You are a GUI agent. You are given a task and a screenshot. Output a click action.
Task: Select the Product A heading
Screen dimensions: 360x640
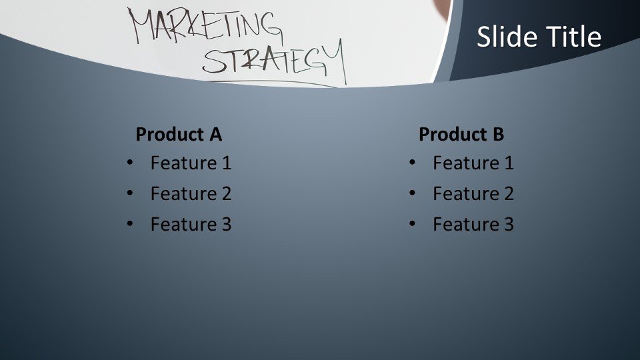[178, 135]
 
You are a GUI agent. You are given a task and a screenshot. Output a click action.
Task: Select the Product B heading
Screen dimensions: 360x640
[461, 135]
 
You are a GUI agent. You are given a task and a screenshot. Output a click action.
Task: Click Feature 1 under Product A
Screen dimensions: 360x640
[191, 163]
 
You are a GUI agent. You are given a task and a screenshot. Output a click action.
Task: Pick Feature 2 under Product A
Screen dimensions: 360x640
[191, 194]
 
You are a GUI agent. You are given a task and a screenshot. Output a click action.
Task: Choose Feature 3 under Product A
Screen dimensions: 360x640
[191, 225]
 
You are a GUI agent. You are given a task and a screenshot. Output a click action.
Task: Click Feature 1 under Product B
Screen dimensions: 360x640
[473, 163]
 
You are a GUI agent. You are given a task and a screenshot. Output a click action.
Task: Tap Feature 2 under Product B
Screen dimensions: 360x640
[473, 194]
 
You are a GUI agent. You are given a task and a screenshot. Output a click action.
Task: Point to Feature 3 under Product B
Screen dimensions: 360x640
[473, 225]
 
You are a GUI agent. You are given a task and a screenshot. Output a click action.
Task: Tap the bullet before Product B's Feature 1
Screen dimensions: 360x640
[413, 162]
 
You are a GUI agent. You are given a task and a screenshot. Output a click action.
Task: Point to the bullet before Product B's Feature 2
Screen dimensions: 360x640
[413, 193]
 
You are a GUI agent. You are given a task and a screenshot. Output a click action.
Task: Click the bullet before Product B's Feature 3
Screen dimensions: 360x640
[413, 224]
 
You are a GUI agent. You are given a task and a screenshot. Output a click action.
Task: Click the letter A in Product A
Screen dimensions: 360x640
[215, 135]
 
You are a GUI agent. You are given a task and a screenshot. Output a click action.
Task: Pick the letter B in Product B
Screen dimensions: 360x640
[498, 135]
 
